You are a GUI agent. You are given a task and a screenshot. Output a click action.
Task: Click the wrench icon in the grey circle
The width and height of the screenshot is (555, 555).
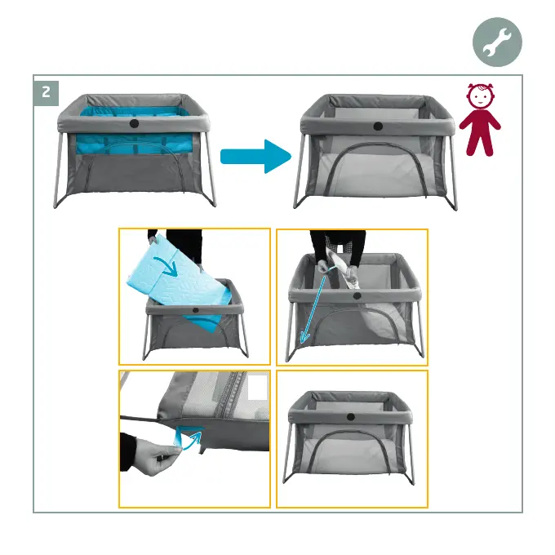(497, 42)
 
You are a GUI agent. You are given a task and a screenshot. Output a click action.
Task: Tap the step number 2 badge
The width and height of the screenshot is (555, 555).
(46, 93)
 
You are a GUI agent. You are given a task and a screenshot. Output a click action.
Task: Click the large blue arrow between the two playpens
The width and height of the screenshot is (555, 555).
(255, 157)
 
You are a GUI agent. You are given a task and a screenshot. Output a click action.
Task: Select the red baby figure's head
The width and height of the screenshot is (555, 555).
(480, 95)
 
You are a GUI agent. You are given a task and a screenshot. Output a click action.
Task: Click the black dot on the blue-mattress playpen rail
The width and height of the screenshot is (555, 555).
(134, 123)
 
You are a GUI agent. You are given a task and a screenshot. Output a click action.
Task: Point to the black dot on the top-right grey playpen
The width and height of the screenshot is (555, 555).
(378, 126)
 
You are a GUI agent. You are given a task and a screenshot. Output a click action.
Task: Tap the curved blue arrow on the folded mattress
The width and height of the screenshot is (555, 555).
(166, 265)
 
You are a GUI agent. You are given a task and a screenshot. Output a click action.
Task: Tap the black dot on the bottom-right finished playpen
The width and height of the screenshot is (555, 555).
(351, 416)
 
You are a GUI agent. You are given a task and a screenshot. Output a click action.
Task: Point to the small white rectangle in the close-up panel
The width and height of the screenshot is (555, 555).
(258, 387)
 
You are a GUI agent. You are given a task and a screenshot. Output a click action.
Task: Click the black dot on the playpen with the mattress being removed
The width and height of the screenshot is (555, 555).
(195, 310)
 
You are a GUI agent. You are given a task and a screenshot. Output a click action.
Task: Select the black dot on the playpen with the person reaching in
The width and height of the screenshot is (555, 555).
(357, 296)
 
